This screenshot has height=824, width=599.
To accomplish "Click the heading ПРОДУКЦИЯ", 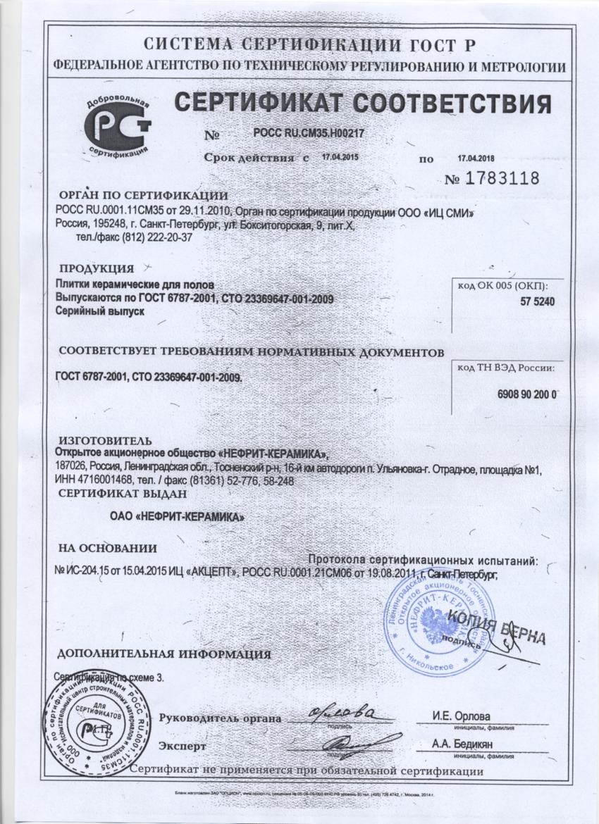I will coord(97,268).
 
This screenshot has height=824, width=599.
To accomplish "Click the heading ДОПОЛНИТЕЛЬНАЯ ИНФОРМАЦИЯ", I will coord(163,654).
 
